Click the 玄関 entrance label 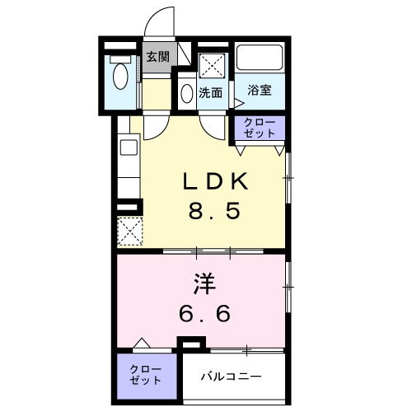157,57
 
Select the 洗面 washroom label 211,93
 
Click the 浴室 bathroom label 260,90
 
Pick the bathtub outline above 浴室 260,58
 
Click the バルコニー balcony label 233,377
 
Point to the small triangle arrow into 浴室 238,103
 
